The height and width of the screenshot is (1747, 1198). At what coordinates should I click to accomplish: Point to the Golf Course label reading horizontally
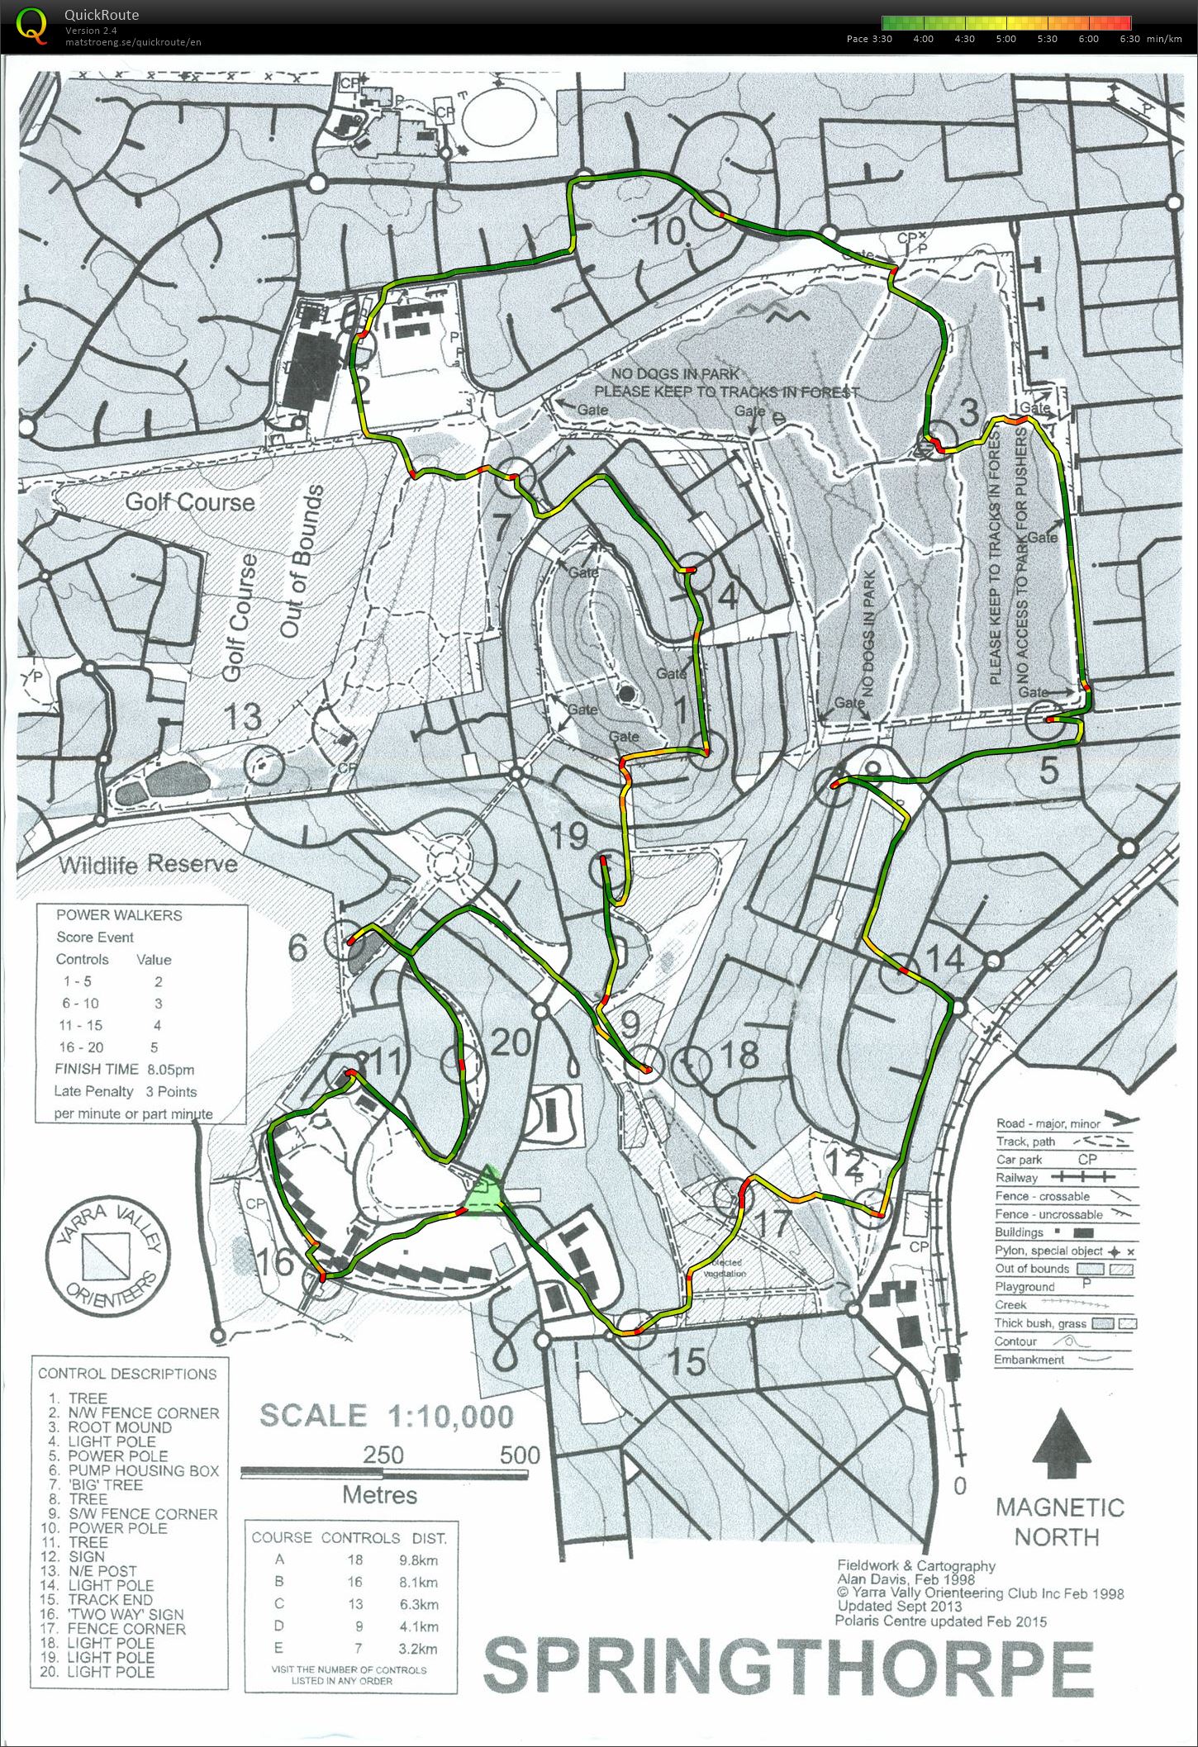point(189,501)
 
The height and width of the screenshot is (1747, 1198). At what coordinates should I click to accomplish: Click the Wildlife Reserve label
point(148,864)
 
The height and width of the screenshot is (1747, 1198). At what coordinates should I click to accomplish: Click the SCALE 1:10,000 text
point(387,1415)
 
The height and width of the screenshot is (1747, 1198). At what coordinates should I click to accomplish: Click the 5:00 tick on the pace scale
point(1005,39)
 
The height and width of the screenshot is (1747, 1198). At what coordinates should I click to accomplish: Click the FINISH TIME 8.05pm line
point(126,1069)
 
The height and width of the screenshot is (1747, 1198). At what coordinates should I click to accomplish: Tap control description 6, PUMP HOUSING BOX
point(132,1470)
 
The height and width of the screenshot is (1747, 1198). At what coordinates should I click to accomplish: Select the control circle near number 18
point(691,1066)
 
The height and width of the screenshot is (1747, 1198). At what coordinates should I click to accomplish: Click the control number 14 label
point(946,958)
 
